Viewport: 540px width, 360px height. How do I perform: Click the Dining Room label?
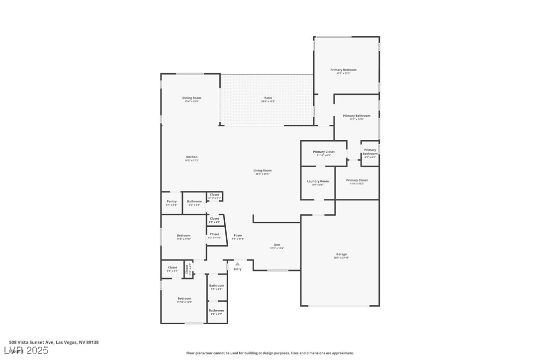coord(191,98)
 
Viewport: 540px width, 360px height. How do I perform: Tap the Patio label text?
coord(268,98)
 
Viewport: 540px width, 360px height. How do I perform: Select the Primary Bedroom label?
coord(343,70)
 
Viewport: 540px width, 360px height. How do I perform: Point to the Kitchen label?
coord(191,157)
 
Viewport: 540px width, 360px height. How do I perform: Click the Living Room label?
coord(263,171)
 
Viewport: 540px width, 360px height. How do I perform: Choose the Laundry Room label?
coord(318,181)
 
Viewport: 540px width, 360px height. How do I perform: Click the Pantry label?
coord(172,201)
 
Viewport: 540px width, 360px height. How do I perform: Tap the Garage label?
coord(341,254)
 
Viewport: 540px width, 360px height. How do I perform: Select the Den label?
coord(277,245)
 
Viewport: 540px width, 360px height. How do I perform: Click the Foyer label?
coord(238,235)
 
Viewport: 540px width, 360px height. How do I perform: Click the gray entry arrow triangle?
coord(238,264)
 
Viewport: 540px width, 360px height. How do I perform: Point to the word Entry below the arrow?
coord(238,270)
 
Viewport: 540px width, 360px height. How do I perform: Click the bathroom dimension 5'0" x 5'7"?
coord(216,314)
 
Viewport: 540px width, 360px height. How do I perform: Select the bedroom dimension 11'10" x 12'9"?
coord(184,302)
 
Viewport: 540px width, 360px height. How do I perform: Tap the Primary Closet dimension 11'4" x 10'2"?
coord(357,183)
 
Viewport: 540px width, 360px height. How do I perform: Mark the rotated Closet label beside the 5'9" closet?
coord(187,269)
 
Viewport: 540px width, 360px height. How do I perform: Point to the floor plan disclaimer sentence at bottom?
coord(270,353)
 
